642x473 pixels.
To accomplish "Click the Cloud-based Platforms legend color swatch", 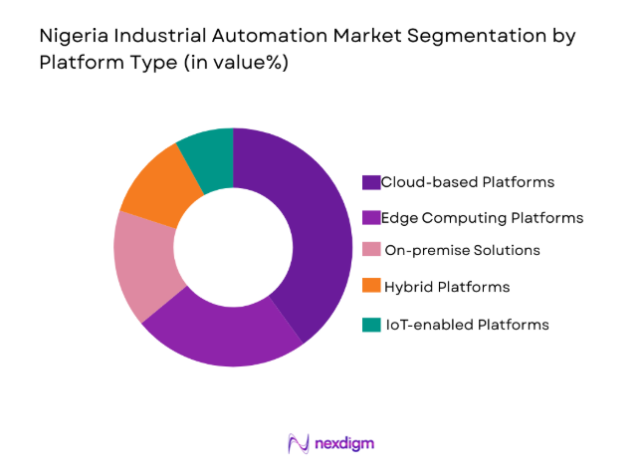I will (x=371, y=182).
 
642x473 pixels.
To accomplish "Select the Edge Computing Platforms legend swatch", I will (x=371, y=217).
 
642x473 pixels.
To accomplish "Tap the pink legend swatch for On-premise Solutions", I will (x=371, y=251).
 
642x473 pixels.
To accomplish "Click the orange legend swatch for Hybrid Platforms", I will (x=371, y=287).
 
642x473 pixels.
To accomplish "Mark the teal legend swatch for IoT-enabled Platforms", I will (x=371, y=325).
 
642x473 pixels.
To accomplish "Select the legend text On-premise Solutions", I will (x=463, y=251).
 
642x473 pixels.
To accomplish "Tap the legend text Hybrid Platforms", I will (x=448, y=287).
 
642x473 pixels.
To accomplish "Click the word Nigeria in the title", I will (x=71, y=36).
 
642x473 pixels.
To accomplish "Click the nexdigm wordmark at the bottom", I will (x=342, y=443).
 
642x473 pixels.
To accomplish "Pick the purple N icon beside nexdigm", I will (x=296, y=443).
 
